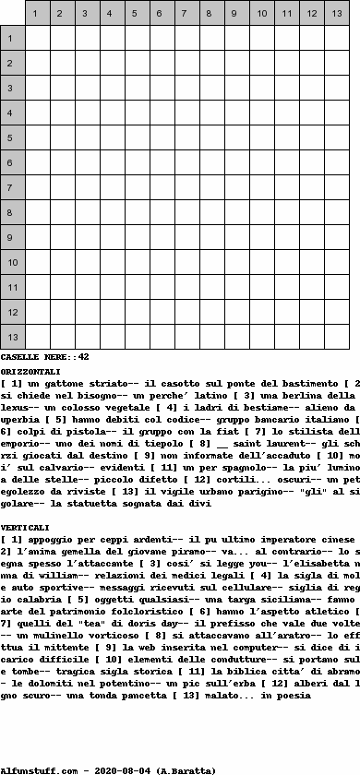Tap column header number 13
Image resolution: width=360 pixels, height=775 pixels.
click(338, 13)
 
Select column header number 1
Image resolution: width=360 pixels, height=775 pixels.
click(38, 13)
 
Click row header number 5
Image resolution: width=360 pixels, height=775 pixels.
click(11, 137)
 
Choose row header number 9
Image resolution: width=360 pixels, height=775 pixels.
click(11, 237)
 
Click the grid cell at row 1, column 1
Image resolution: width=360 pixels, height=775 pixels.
click(38, 38)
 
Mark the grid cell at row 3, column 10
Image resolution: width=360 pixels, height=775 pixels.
click(262, 88)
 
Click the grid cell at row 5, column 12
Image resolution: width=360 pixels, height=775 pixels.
click(312, 137)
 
